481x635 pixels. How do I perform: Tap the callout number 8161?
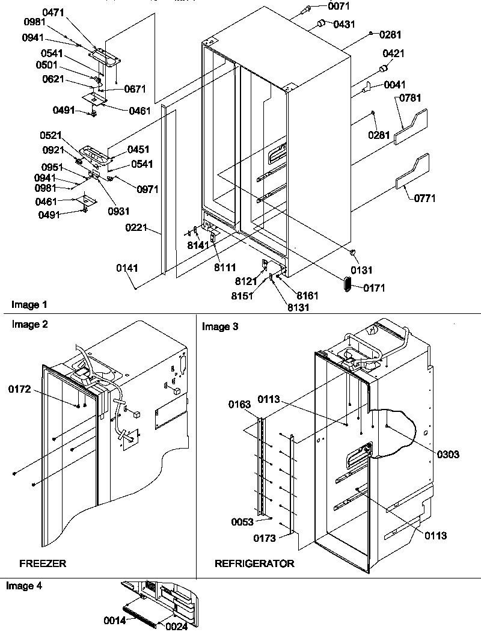click(307, 296)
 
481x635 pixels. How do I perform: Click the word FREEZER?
click(43, 563)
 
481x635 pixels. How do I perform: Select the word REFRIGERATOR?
click(254, 563)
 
